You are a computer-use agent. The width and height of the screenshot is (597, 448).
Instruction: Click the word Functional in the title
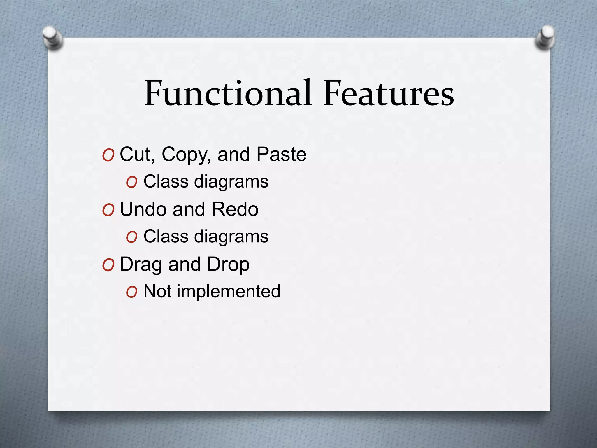click(228, 93)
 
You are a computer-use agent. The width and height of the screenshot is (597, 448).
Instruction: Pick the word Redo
click(235, 209)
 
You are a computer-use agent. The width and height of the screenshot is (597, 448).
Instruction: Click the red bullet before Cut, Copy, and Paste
click(108, 155)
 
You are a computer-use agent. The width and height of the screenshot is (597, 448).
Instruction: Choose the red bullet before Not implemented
click(131, 292)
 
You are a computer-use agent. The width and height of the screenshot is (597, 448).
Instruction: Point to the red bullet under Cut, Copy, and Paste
click(131, 183)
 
